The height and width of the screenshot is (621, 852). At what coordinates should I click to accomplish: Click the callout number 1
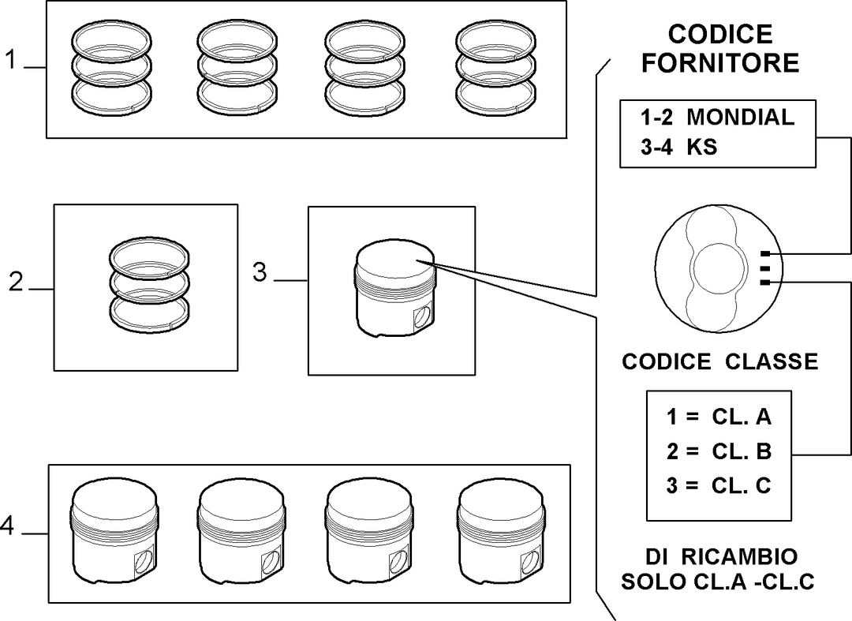point(11,59)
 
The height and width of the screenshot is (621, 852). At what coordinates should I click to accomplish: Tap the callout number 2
point(16,282)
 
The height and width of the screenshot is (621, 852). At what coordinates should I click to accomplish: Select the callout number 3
point(260,272)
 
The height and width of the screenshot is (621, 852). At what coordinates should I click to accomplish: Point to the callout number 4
point(7,526)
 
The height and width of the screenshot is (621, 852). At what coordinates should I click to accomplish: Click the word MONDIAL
point(741,118)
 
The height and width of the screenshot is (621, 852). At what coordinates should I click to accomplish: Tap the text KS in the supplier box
point(702,147)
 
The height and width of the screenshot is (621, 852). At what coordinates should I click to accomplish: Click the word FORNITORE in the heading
point(720,62)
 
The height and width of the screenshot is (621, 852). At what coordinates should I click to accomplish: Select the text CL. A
point(742,417)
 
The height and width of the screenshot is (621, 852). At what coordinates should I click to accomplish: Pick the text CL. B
point(742,451)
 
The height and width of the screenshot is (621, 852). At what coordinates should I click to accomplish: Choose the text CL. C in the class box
point(742,485)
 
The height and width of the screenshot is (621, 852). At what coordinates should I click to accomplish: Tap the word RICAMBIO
point(739,557)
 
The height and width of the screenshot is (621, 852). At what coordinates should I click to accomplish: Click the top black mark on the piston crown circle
point(765,254)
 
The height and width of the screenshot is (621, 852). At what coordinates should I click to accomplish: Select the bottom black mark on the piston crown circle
point(765,282)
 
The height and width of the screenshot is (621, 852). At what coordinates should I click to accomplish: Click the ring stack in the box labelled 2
point(149,284)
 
